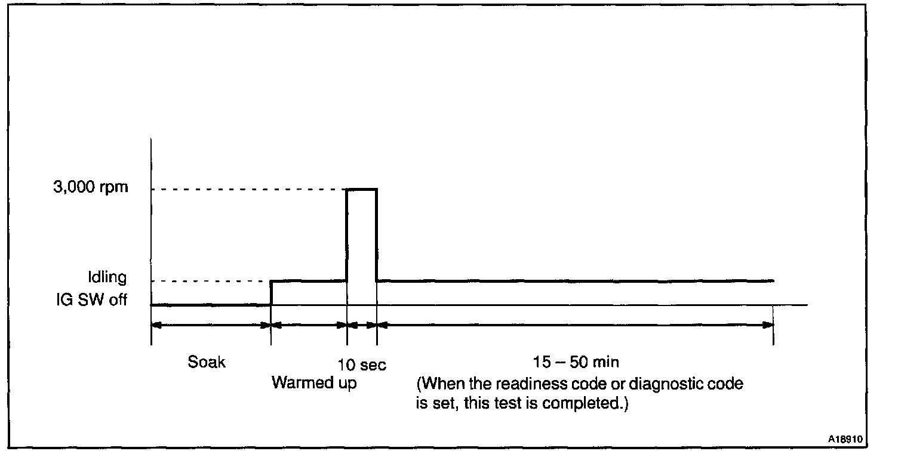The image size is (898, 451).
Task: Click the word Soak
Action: click(x=207, y=362)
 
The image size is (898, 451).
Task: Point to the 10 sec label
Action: click(x=361, y=364)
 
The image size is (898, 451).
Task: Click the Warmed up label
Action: click(x=314, y=383)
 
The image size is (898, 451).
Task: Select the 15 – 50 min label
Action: click(x=576, y=362)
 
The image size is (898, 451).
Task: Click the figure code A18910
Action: click(x=845, y=437)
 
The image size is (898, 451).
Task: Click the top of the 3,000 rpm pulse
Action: click(x=362, y=189)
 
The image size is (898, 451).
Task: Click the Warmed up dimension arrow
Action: click(x=309, y=325)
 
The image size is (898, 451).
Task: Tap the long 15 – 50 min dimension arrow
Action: click(x=576, y=325)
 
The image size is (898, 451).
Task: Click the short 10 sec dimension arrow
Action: click(x=362, y=325)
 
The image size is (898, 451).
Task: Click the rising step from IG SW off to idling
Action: click(x=271, y=292)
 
